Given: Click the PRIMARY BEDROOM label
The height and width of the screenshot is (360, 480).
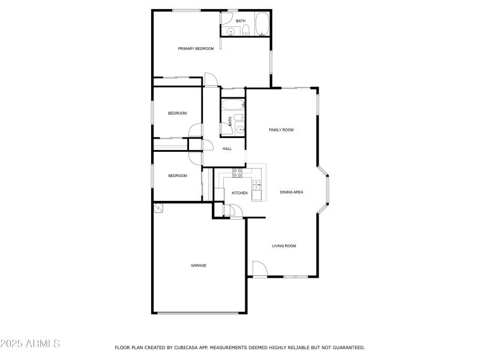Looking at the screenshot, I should click(x=196, y=49).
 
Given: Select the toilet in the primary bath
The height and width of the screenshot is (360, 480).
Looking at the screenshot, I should click(x=245, y=30).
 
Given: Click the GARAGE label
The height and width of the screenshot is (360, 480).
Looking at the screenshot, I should click(x=199, y=265).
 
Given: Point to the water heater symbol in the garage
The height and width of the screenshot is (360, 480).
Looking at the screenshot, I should click(x=159, y=208).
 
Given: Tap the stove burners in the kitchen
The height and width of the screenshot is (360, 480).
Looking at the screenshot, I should click(x=237, y=173).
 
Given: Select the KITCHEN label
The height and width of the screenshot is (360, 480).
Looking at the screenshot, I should click(x=239, y=193).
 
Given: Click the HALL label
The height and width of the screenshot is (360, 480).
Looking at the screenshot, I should click(x=227, y=149).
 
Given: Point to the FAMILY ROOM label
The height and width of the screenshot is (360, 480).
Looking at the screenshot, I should click(x=281, y=130).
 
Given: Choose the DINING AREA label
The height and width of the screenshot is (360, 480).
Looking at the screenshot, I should click(x=292, y=193).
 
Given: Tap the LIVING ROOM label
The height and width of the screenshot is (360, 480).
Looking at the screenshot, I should click(x=284, y=246).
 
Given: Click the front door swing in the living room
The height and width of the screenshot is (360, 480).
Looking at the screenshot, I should click(x=259, y=269).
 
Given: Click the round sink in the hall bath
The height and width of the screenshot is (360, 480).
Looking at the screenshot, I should click(x=239, y=128).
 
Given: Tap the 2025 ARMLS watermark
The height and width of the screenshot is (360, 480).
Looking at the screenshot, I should click(x=30, y=344).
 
